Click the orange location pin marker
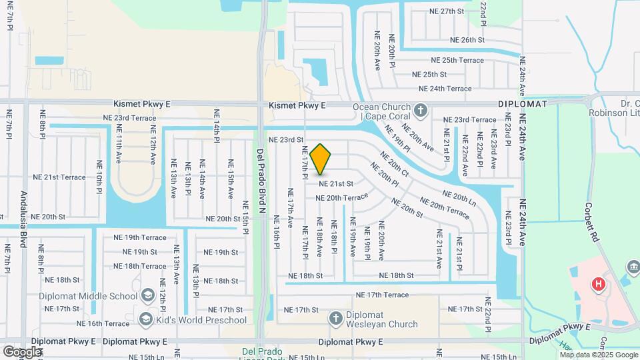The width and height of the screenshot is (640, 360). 321,159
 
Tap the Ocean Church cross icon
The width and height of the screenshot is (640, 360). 420,109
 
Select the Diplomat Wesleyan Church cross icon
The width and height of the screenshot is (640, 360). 336,319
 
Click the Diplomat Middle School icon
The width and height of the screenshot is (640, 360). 148,295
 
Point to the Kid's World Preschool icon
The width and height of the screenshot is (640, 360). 145,320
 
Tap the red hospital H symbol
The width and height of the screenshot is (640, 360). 599,285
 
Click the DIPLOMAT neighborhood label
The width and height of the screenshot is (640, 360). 522,105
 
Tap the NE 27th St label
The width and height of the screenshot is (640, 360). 446,11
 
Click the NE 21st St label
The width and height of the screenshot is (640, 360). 335,183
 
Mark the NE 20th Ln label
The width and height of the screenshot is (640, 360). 459,197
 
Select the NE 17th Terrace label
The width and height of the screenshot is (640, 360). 382,295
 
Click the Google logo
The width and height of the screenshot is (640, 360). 22,351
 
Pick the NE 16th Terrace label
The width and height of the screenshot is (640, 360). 103,323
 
